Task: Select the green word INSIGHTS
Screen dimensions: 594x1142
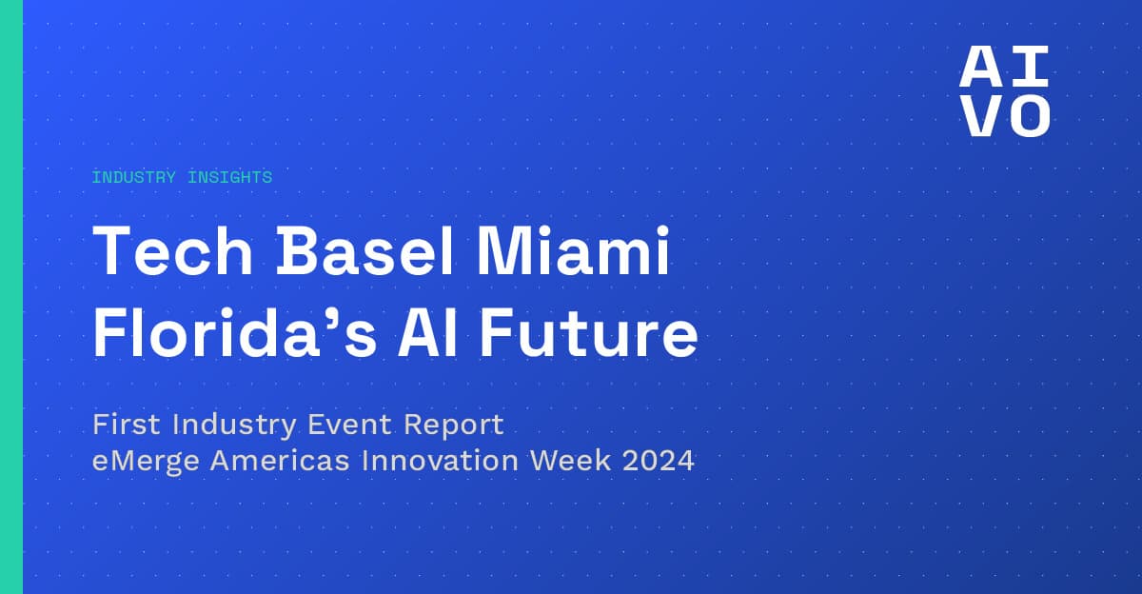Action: point(230,177)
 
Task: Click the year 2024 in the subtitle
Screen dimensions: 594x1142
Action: point(662,462)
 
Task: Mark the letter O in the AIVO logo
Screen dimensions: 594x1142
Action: point(1029,116)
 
